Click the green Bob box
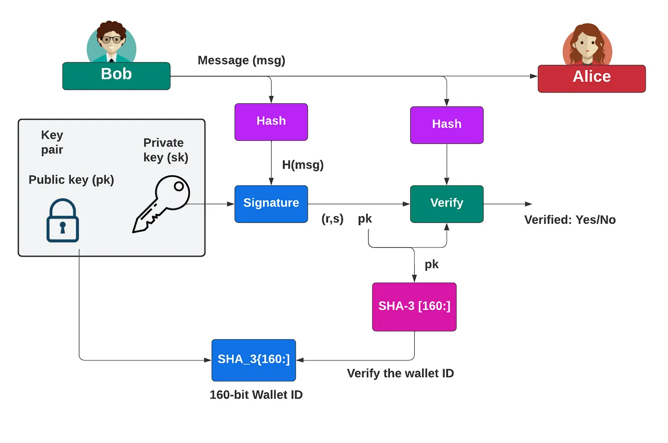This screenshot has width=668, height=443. pos(116,76)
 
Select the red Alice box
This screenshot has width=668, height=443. pos(591,78)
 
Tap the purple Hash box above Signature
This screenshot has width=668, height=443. pos(271,122)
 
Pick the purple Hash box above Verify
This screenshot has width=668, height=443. pos(447,125)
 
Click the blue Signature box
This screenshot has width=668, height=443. pos(271,204)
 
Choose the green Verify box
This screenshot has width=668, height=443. pos(447,204)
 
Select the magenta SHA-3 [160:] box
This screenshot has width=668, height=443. pos(414,307)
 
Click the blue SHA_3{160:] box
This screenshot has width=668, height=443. pos(253,360)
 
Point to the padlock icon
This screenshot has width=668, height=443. pos(62,221)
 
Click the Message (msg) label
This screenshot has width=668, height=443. pos(241,61)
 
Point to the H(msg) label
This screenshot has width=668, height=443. pos(303,165)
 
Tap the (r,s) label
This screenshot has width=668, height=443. pos(333,219)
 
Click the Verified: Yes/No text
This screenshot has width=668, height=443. pos(570,220)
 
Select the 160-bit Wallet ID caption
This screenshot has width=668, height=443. pos(256,395)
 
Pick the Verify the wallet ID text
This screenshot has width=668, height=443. pos(400,374)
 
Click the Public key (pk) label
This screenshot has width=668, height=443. pos(71,180)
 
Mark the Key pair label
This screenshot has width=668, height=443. pos(52,142)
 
